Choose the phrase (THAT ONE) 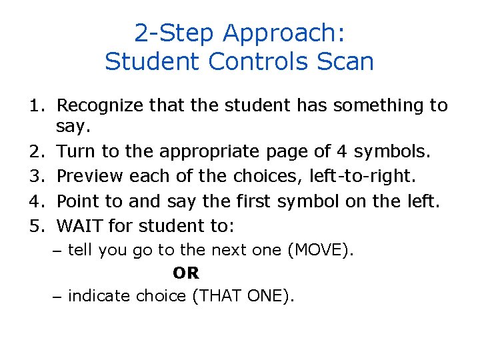click(x=243, y=295)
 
